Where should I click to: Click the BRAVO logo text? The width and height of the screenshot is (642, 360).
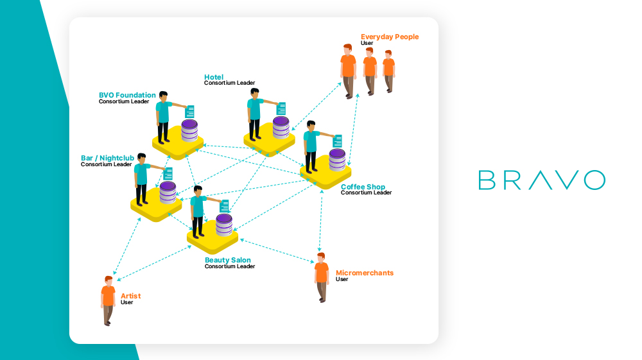click(541, 180)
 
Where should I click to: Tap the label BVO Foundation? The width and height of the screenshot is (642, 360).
click(127, 96)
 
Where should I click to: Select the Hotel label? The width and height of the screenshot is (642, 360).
click(214, 77)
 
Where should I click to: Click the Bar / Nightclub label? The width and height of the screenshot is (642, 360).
click(107, 158)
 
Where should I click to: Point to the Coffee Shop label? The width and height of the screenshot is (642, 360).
click(363, 187)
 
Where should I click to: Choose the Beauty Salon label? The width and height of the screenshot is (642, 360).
click(228, 261)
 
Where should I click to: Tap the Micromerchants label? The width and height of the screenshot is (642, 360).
click(365, 273)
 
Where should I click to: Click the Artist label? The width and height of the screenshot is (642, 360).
click(130, 296)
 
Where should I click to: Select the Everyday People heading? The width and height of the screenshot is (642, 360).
click(390, 37)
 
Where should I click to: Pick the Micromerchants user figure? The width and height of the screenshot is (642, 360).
click(322, 277)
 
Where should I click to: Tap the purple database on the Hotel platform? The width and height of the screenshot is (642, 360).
click(281, 128)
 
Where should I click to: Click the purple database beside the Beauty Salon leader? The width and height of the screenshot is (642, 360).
click(224, 225)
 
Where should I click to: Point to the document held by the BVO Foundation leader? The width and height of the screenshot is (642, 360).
click(189, 112)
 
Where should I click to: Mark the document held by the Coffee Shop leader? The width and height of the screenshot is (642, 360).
click(338, 141)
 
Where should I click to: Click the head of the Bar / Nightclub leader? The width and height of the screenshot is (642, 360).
click(141, 157)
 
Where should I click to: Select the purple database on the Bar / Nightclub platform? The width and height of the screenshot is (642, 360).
click(168, 193)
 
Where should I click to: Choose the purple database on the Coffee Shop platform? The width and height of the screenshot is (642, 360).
click(337, 160)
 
